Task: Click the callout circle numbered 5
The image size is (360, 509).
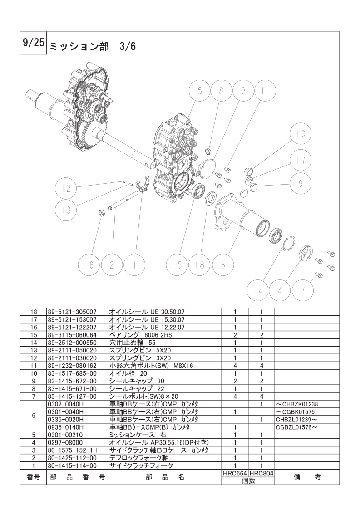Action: [x=199, y=91]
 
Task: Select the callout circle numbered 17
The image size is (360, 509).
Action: [x=301, y=160]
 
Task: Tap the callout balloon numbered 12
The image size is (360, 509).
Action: [x=66, y=188]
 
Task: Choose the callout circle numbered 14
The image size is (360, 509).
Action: [x=258, y=290]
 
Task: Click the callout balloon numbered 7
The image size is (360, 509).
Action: [x=303, y=290]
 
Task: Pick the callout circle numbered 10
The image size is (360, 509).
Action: [x=301, y=133]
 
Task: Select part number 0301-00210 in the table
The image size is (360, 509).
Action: [x=64, y=435]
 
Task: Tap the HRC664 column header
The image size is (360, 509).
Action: [x=235, y=474]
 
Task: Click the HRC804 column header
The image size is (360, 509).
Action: [x=261, y=474]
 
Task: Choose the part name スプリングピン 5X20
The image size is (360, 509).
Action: [x=140, y=350]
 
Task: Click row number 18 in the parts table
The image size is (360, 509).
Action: [x=34, y=312]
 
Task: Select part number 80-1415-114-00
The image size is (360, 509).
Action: [x=72, y=465]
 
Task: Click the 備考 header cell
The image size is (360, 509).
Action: [x=307, y=477]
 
